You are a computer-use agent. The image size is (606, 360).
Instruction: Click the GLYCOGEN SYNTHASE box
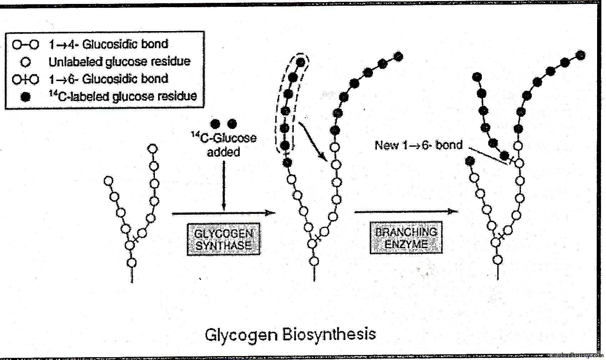click(x=224, y=239)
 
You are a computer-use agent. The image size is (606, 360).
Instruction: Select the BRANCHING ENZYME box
click(x=406, y=237)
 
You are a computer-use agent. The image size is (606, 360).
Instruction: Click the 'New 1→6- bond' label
click(x=418, y=145)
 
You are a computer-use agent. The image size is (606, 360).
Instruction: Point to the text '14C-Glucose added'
click(x=224, y=145)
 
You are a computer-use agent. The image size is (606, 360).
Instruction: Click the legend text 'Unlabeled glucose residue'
click(x=119, y=61)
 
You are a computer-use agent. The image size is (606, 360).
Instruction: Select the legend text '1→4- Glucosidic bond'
click(x=108, y=44)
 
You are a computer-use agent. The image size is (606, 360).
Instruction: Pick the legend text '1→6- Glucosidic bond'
click(x=108, y=79)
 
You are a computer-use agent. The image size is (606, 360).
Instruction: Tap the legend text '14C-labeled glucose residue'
click(x=122, y=96)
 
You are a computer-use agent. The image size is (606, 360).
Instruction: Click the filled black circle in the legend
click(x=25, y=97)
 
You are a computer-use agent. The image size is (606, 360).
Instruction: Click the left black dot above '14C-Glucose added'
click(x=215, y=124)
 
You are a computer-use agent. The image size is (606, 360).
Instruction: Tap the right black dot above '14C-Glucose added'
click(x=232, y=124)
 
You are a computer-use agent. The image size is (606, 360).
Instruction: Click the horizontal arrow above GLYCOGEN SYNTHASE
click(x=224, y=214)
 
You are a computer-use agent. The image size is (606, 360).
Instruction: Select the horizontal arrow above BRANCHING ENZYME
click(x=406, y=212)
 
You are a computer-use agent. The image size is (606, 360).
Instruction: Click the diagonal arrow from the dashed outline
click(x=312, y=142)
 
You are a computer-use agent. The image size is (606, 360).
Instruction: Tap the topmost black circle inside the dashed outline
click(x=301, y=62)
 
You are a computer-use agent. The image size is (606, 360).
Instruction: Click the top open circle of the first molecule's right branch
click(x=153, y=149)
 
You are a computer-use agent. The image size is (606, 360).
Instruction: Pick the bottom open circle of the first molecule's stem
click(x=132, y=263)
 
